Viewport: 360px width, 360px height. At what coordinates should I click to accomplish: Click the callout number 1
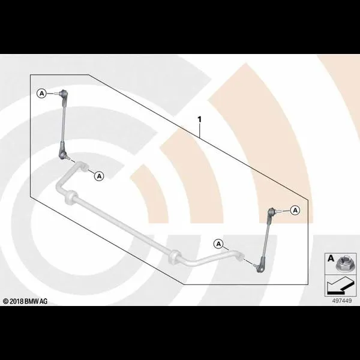coord(200,119)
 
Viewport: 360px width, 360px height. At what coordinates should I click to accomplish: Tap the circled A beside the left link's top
coord(41,94)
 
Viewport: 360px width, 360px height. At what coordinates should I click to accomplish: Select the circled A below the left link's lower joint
coord(99,176)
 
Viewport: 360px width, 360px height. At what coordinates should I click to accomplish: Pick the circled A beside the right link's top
coord(295,210)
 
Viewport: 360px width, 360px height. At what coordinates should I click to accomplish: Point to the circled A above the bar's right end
coord(218,244)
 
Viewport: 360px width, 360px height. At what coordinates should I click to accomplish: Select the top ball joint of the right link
coord(272,211)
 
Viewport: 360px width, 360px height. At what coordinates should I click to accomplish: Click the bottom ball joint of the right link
coord(260,268)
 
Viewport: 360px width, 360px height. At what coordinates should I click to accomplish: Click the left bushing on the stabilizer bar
coord(71,197)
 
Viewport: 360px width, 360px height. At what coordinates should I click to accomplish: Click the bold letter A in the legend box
coord(331,258)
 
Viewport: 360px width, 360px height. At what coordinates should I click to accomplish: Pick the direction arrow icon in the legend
coord(340,286)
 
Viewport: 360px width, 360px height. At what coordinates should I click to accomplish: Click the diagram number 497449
coord(341,301)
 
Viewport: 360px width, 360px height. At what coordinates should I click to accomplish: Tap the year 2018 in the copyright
coord(17,301)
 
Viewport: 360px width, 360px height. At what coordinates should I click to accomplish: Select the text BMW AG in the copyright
coord(36,301)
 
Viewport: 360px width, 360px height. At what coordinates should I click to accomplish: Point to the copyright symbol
coord(6,301)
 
